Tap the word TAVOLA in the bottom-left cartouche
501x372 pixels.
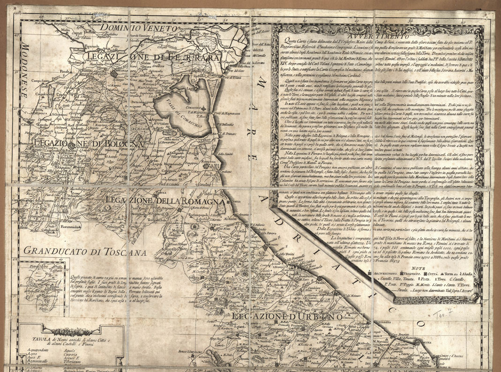(x=37, y=339)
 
